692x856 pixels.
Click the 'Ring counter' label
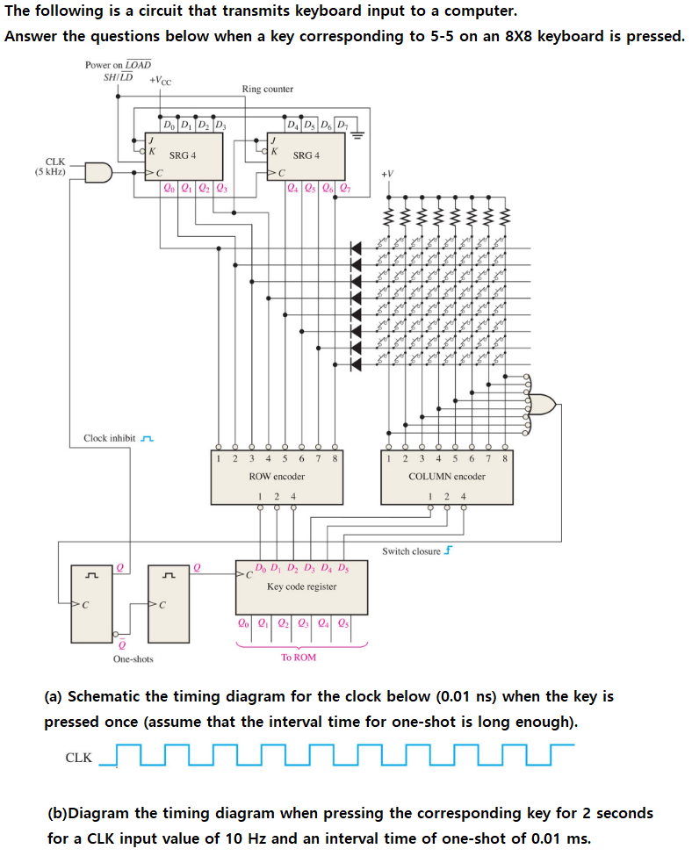[x=267, y=89]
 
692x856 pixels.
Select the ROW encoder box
[x=277, y=478]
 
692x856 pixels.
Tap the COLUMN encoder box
[x=446, y=478]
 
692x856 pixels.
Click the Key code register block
[x=301, y=586]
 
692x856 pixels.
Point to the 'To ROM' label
[x=299, y=657]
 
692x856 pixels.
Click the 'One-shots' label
[x=133, y=658]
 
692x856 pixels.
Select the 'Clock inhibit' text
[x=110, y=438]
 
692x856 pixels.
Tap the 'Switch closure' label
[x=412, y=551]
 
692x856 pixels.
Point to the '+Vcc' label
[x=161, y=80]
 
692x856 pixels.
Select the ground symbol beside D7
[x=358, y=135]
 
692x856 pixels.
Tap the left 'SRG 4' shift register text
[x=183, y=155]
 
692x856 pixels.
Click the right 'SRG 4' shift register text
[x=306, y=155]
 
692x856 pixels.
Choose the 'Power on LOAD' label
[x=118, y=65]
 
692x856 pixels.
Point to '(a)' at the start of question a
[x=54, y=697]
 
